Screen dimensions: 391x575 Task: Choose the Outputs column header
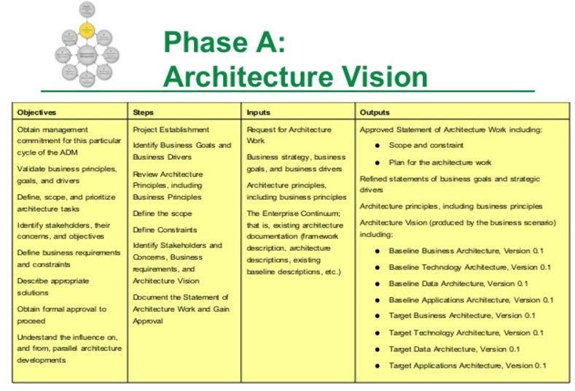(x=375, y=112)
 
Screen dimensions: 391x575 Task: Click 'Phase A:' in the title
(x=224, y=44)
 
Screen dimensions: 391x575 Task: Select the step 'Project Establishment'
(x=171, y=129)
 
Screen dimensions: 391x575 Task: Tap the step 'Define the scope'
(x=163, y=213)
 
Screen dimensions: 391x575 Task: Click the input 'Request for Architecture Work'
(x=289, y=134)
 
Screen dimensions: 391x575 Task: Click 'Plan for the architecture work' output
(x=440, y=162)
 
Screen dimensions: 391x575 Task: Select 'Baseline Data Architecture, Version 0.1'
(x=458, y=283)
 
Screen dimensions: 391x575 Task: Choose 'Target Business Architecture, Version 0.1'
(x=462, y=316)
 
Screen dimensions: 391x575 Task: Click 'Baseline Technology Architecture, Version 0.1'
(x=469, y=267)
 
